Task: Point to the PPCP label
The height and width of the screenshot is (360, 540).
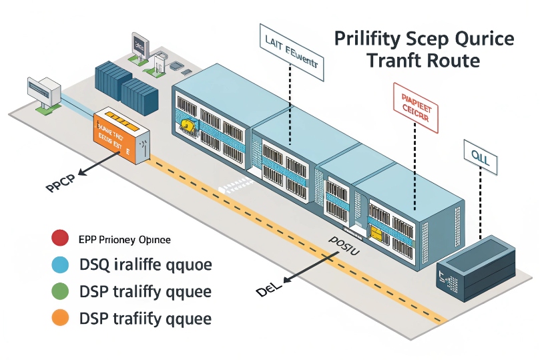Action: (59, 185)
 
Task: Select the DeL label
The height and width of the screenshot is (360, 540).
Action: (268, 289)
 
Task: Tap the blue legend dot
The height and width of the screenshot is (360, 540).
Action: (60, 265)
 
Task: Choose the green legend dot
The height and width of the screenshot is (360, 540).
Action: (60, 292)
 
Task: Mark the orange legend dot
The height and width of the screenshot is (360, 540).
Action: (60, 318)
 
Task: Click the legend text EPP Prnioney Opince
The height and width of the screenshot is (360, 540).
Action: (124, 239)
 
